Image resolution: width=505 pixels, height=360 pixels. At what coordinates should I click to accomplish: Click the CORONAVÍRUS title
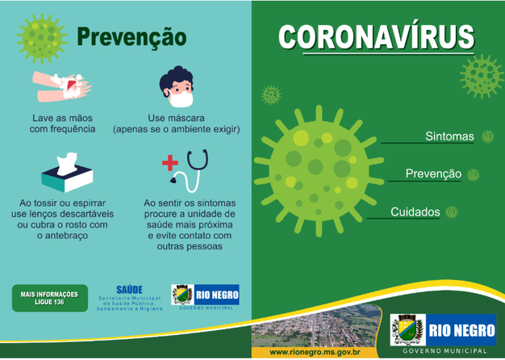click(376, 36)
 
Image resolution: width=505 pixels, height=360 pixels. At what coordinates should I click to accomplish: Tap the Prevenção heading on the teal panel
click(131, 36)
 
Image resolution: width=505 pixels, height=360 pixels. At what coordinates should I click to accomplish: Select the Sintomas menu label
click(449, 136)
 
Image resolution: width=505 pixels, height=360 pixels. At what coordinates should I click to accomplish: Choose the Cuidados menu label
click(415, 212)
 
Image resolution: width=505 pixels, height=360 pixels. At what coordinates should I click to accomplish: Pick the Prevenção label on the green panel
click(433, 174)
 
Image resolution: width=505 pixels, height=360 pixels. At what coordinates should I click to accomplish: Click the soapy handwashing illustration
click(62, 86)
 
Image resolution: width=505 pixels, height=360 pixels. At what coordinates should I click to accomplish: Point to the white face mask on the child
click(181, 98)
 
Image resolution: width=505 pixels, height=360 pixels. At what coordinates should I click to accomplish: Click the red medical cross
click(170, 163)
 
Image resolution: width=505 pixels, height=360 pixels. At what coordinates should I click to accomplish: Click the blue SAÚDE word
click(129, 290)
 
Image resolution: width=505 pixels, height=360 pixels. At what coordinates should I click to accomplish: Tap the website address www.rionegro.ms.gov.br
click(315, 352)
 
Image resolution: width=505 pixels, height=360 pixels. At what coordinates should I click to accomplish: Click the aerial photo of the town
click(315, 325)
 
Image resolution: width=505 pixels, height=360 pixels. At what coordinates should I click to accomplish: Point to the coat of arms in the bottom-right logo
click(407, 329)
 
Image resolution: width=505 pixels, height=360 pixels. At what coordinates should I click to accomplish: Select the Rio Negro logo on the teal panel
click(205, 297)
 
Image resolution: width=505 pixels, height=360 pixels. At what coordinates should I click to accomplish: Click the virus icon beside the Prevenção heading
click(42, 38)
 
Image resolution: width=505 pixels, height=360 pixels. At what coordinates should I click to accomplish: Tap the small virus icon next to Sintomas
click(487, 136)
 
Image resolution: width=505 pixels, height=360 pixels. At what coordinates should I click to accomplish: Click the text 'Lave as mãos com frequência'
click(62, 123)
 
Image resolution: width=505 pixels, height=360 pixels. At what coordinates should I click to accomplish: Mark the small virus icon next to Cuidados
click(452, 212)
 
